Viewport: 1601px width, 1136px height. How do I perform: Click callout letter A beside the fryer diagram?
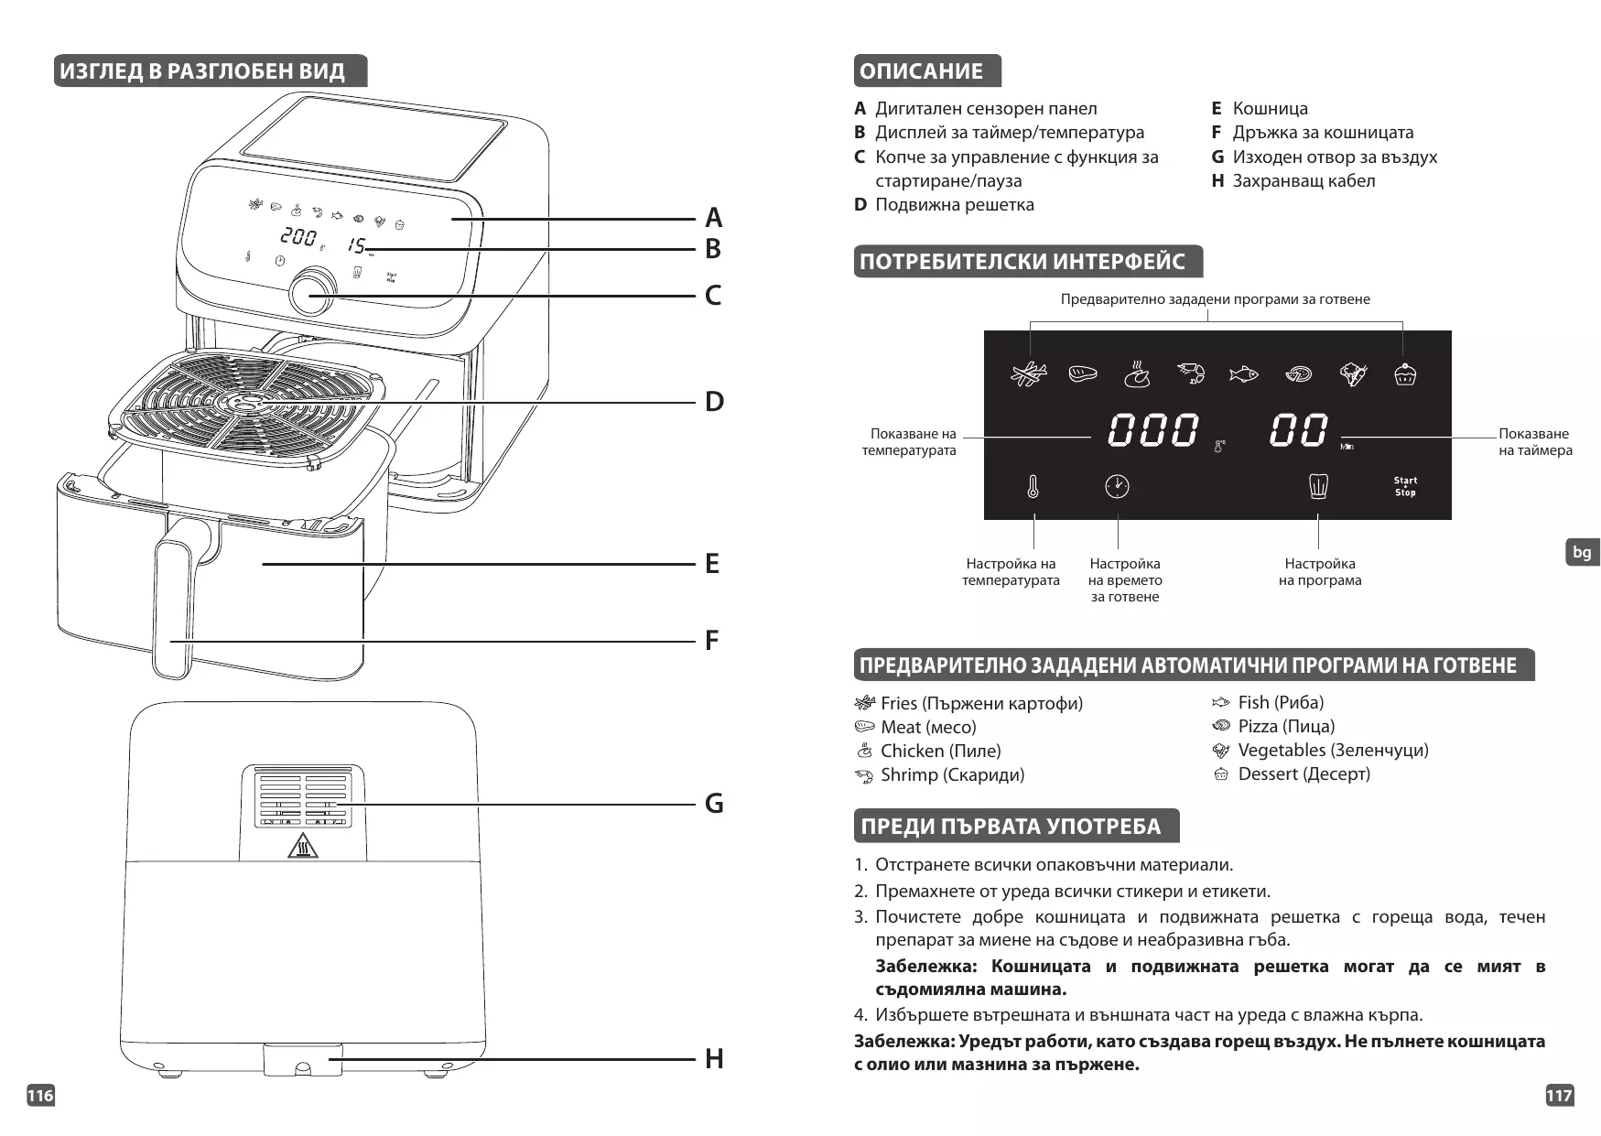(x=714, y=218)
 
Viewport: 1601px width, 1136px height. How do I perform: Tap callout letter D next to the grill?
(x=714, y=402)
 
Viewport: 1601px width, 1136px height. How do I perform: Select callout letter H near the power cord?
(x=714, y=1059)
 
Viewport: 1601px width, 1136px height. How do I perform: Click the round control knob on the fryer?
(x=312, y=291)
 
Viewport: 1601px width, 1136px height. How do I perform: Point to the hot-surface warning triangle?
(x=302, y=847)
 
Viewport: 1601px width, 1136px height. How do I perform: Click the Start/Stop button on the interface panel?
(x=1405, y=486)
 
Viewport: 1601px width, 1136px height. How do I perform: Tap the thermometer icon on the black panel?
(x=1033, y=486)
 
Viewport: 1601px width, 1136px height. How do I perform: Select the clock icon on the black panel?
(x=1117, y=486)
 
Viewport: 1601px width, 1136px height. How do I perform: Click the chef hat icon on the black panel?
(x=1318, y=486)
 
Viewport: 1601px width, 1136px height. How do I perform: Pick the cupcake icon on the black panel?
(x=1405, y=373)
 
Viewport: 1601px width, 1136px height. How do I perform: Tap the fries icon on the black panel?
(x=1029, y=373)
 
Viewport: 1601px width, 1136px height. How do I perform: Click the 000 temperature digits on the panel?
(x=1152, y=430)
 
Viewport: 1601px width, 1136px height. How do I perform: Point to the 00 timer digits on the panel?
(x=1298, y=430)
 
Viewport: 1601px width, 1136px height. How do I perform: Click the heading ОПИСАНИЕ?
(x=922, y=71)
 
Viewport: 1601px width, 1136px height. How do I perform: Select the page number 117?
(x=1560, y=1096)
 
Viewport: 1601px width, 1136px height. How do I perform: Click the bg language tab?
(x=1582, y=552)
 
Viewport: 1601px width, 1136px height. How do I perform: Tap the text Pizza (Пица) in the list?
(x=1286, y=726)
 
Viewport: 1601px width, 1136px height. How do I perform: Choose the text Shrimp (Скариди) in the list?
(x=952, y=774)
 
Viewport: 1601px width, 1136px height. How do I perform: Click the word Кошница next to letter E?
(x=1270, y=108)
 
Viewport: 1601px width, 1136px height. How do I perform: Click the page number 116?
(x=40, y=1096)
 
